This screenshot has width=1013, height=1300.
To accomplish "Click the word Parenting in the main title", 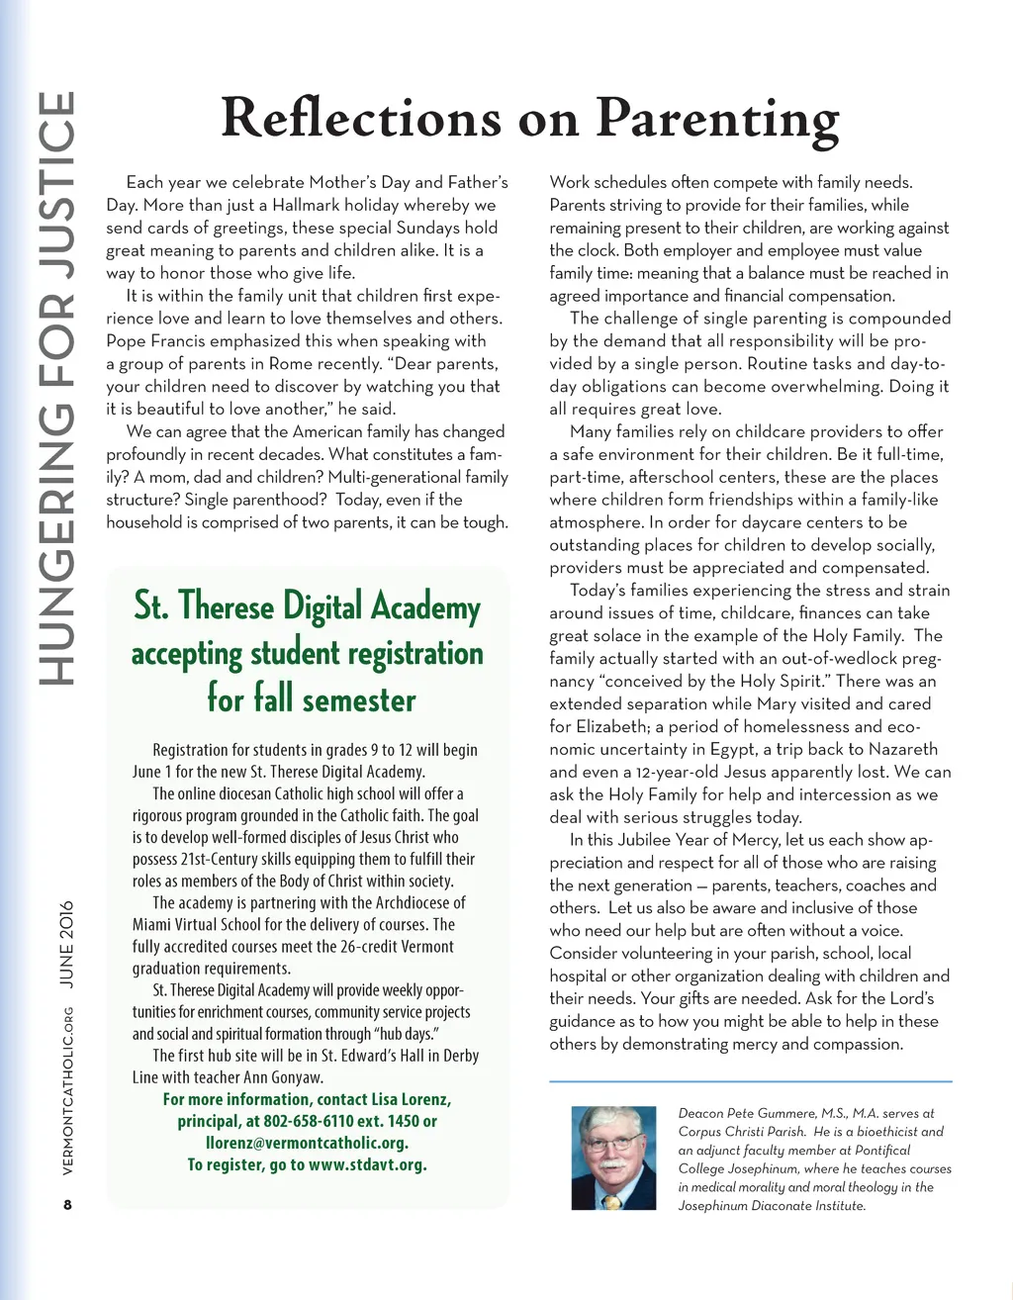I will point(717,119).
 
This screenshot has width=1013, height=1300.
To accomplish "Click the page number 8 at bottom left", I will point(67,1204).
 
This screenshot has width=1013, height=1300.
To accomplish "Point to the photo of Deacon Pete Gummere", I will point(613,1158).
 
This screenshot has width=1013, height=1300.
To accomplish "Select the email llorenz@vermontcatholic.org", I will point(307,1143).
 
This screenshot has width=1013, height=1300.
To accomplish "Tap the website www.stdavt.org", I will point(367,1164).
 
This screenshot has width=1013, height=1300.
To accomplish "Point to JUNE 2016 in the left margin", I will point(66,944).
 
